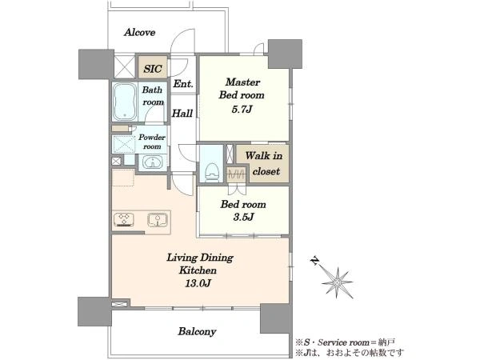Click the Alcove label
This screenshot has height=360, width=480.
click(139, 32)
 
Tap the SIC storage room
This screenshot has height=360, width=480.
click(153, 66)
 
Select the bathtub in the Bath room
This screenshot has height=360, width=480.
click(125, 102)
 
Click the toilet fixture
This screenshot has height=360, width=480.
click(212, 172)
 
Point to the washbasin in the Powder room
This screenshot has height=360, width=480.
click(153, 162)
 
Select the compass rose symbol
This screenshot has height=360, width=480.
click(337, 282)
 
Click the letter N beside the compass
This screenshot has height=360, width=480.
click(314, 261)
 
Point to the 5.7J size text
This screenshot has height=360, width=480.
click(242, 109)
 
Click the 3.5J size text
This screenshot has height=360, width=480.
click(243, 217)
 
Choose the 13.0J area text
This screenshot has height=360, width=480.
click(198, 283)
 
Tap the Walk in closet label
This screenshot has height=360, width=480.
click(263, 163)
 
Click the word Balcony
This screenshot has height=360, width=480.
click(197, 331)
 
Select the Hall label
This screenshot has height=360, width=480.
click(182, 114)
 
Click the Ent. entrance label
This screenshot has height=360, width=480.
click(183, 83)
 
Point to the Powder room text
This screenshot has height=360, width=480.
click(152, 142)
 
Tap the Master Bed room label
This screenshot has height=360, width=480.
click(242, 89)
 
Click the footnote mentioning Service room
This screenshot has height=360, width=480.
click(345, 342)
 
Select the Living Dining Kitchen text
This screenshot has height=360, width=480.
click(199, 263)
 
